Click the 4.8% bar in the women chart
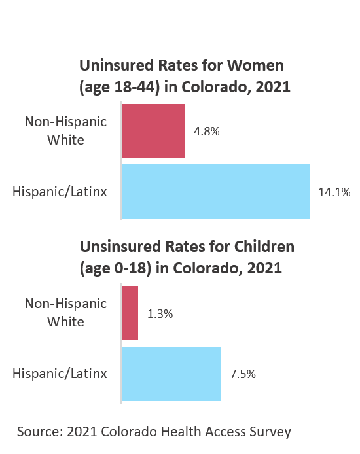pyautogui.click(x=153, y=131)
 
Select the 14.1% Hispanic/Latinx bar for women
pyautogui.click(x=215, y=192)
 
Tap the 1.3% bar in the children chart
pyautogui.click(x=130, y=313)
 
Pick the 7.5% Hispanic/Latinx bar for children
pyautogui.click(x=171, y=374)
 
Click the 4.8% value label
pyautogui.click(x=206, y=131)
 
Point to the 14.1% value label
pyautogui.click(x=334, y=192)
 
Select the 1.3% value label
pyautogui.click(x=160, y=314)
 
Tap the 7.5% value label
pyautogui.click(x=242, y=374)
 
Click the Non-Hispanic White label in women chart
pyautogui.click(x=65, y=131)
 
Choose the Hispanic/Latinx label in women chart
pyautogui.click(x=60, y=192)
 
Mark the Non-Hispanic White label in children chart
pyautogui.click(x=65, y=313)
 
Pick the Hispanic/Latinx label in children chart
pyautogui.click(x=60, y=374)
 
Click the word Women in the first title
pyautogui.click(x=259, y=66)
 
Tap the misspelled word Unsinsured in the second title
pyautogui.click(x=118, y=247)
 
